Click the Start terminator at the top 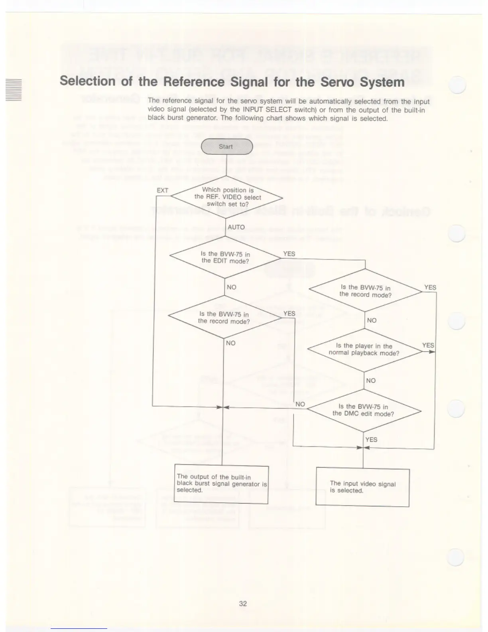[x=226, y=146]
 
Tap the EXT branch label [x=162, y=190]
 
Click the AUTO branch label [x=236, y=227]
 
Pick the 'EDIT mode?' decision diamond [x=225, y=257]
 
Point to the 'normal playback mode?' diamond [x=364, y=350]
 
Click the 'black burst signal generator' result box [x=222, y=484]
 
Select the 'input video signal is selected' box [x=362, y=487]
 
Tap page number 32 [x=243, y=604]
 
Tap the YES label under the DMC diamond [x=371, y=439]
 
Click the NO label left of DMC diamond [x=300, y=404]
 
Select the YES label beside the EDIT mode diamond [x=289, y=254]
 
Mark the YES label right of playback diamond [x=428, y=345]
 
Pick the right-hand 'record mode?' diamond [x=365, y=291]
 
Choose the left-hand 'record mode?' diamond [x=224, y=318]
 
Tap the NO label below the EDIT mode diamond [x=231, y=287]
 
